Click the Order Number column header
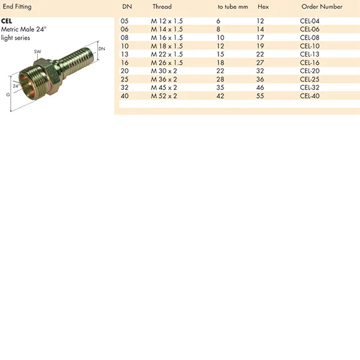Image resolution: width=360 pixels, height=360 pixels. click(x=322, y=7)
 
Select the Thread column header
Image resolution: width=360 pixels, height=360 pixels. click(x=162, y=7)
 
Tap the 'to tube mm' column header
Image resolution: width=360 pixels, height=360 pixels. click(x=233, y=7)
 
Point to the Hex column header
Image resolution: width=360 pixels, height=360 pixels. click(x=263, y=7)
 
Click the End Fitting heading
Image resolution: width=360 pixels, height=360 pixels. click(x=17, y=7)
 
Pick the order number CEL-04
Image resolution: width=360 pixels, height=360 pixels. click(x=310, y=21)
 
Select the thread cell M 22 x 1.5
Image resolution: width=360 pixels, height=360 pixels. click(x=167, y=55)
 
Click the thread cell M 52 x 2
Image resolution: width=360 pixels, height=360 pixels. click(x=164, y=96)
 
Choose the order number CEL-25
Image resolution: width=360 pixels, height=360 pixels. click(x=310, y=79)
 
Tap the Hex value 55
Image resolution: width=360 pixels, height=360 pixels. click(x=260, y=96)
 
